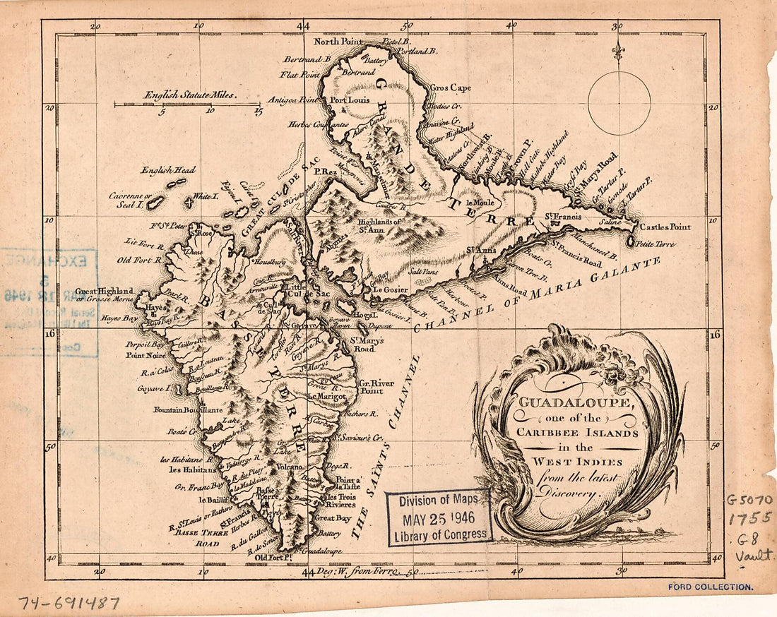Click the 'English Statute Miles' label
pyautogui.click(x=191, y=94)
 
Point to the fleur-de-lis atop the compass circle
pyautogui.click(x=619, y=52)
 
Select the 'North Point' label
pyautogui.click(x=342, y=41)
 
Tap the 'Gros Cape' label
pyautogui.click(x=450, y=88)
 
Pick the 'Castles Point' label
pyautogui.click(x=665, y=227)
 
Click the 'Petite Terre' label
pyautogui.click(x=655, y=244)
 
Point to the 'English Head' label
pyautogui.click(x=167, y=170)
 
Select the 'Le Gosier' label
pyautogui.click(x=391, y=289)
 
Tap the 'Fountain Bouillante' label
pyautogui.click(x=187, y=409)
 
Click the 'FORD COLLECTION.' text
pyautogui.click(x=710, y=587)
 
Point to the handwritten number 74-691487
pyautogui.click(x=69, y=604)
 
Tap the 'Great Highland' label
pyautogui.click(x=105, y=290)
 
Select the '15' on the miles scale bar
pyautogui.click(x=257, y=111)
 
